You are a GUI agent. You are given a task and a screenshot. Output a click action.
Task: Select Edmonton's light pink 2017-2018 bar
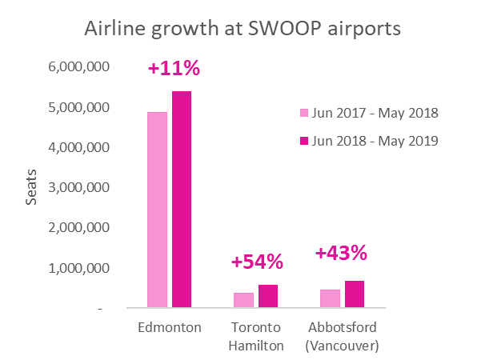coord(157,210)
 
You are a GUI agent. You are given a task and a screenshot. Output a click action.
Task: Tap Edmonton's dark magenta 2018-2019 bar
coord(182,199)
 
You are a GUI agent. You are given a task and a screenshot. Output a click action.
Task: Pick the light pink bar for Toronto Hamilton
coord(242,300)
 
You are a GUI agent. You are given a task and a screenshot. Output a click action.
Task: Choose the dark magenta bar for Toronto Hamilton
coord(267,296)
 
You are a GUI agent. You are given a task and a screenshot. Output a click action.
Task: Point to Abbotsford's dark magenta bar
coord(354,294)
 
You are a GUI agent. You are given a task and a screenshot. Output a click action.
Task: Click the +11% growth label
coord(174,69)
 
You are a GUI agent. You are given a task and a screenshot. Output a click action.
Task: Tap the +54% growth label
coord(257,262)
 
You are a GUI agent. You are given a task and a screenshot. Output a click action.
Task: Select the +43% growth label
coord(341,254)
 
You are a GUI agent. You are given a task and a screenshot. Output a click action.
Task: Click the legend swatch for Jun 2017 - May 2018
coord(303,113)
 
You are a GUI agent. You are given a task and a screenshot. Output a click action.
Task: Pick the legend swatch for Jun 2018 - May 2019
coord(303,141)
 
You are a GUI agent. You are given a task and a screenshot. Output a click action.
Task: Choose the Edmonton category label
coord(170,328)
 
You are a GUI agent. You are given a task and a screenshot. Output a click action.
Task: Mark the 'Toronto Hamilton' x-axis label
coord(256,337)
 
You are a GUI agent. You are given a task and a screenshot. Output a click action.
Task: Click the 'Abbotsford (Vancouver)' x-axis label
coord(342,337)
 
